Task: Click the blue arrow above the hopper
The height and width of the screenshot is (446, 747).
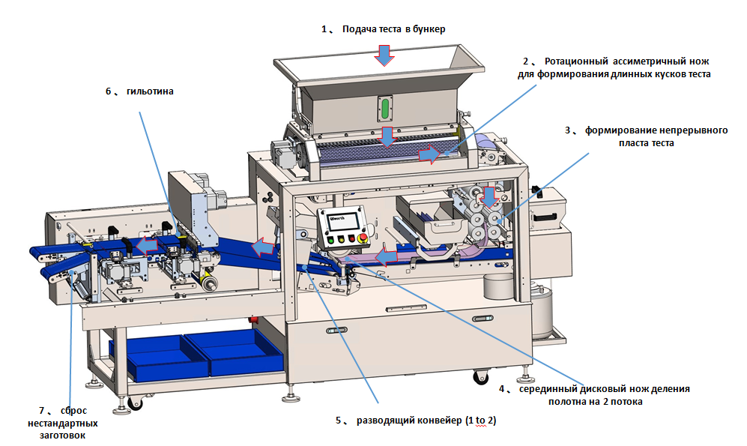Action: click(x=384, y=54)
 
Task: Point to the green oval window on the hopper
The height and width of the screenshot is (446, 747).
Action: click(x=386, y=108)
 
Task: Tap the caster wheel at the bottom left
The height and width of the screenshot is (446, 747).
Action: click(x=135, y=404)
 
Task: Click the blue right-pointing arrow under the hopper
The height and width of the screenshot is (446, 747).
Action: click(x=429, y=154)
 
